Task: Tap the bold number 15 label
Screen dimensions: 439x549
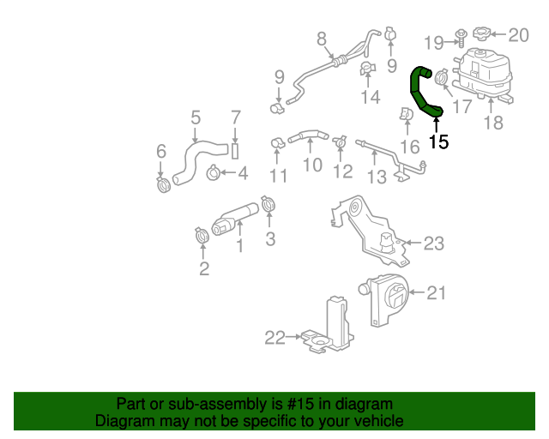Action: [438, 142]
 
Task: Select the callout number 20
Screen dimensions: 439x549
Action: [519, 35]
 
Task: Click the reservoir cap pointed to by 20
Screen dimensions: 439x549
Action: [481, 34]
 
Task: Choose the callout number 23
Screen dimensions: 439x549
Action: [434, 244]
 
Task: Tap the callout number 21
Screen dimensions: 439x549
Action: [437, 293]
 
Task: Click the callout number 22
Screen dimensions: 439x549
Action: [274, 338]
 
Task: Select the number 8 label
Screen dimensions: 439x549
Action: [322, 38]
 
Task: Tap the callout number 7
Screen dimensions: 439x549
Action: [236, 117]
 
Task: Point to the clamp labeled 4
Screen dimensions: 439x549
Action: [213, 175]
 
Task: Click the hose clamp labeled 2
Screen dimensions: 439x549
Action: [202, 233]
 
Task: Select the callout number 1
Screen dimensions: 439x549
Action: [239, 247]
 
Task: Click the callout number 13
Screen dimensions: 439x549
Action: [377, 177]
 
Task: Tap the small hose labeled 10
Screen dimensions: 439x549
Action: [307, 135]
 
